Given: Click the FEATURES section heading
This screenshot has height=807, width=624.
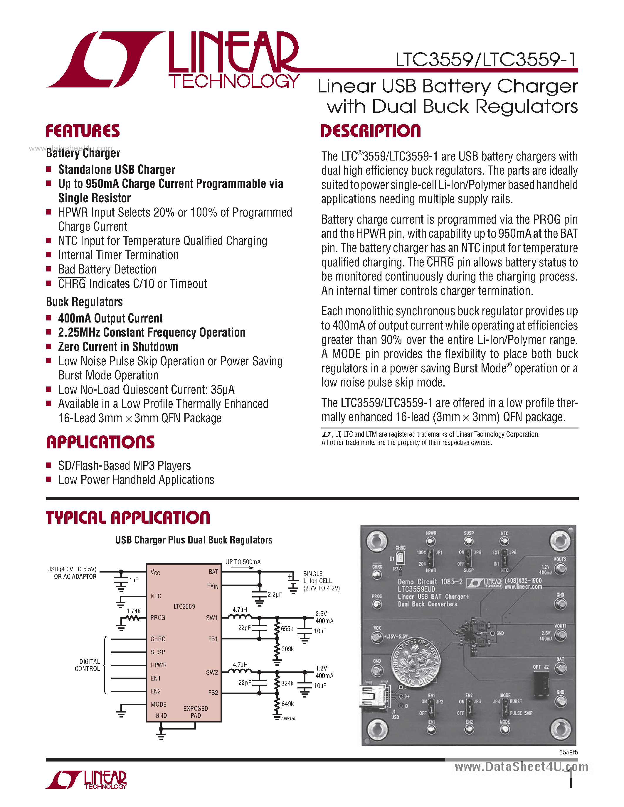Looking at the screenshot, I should (x=83, y=131).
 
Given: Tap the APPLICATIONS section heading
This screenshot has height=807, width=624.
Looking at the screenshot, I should (x=100, y=442).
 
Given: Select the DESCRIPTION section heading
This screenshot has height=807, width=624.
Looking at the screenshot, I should (x=371, y=131).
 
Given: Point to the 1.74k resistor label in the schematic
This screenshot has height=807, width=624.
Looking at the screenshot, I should (x=133, y=611).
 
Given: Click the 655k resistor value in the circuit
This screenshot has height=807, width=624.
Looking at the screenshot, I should (x=287, y=629).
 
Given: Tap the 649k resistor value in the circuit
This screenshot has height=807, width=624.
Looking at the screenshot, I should (x=287, y=704).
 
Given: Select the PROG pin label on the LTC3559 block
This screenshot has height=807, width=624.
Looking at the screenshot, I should (x=158, y=617).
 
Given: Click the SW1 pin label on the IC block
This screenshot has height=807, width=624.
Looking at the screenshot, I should (x=212, y=618).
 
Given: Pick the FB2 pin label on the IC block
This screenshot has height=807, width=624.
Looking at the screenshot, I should (x=213, y=693).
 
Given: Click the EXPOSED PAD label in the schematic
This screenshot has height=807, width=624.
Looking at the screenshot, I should (x=196, y=712).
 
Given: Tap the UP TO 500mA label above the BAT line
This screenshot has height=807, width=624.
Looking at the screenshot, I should (x=243, y=562).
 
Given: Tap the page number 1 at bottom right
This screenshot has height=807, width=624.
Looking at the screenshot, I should (x=571, y=779).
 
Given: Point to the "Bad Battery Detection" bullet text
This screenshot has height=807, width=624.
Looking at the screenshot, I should (x=107, y=269).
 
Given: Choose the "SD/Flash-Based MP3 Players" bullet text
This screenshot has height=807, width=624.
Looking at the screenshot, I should (x=124, y=466).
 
